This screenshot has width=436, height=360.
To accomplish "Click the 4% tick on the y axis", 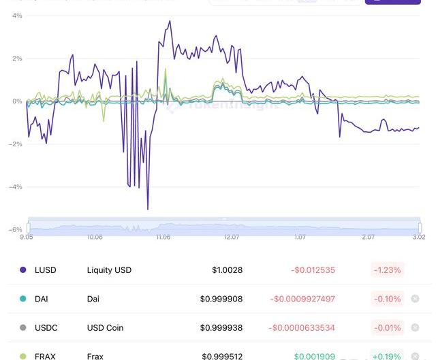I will point(17,15).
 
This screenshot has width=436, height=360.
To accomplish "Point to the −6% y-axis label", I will point(14,229).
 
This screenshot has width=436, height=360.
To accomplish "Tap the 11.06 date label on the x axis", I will point(163,238).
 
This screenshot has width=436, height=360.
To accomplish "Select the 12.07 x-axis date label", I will point(232,238).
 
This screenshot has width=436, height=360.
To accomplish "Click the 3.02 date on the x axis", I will point(418,238).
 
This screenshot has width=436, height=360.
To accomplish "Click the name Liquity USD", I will point(109,270).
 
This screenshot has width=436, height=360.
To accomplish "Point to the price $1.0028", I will point(227,270).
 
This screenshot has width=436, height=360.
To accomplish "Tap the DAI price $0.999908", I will point(221,299).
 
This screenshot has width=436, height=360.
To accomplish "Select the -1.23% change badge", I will point(387,270).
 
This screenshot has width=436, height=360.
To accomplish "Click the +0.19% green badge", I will point(387,356).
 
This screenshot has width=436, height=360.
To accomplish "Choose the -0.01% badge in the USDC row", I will point(387,327).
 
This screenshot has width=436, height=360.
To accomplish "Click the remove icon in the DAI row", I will point(415,299).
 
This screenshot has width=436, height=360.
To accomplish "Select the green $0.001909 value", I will point(315,356).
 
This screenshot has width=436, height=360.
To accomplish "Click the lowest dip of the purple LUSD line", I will point(148,209).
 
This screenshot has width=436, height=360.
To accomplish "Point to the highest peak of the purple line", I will point(170,21).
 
